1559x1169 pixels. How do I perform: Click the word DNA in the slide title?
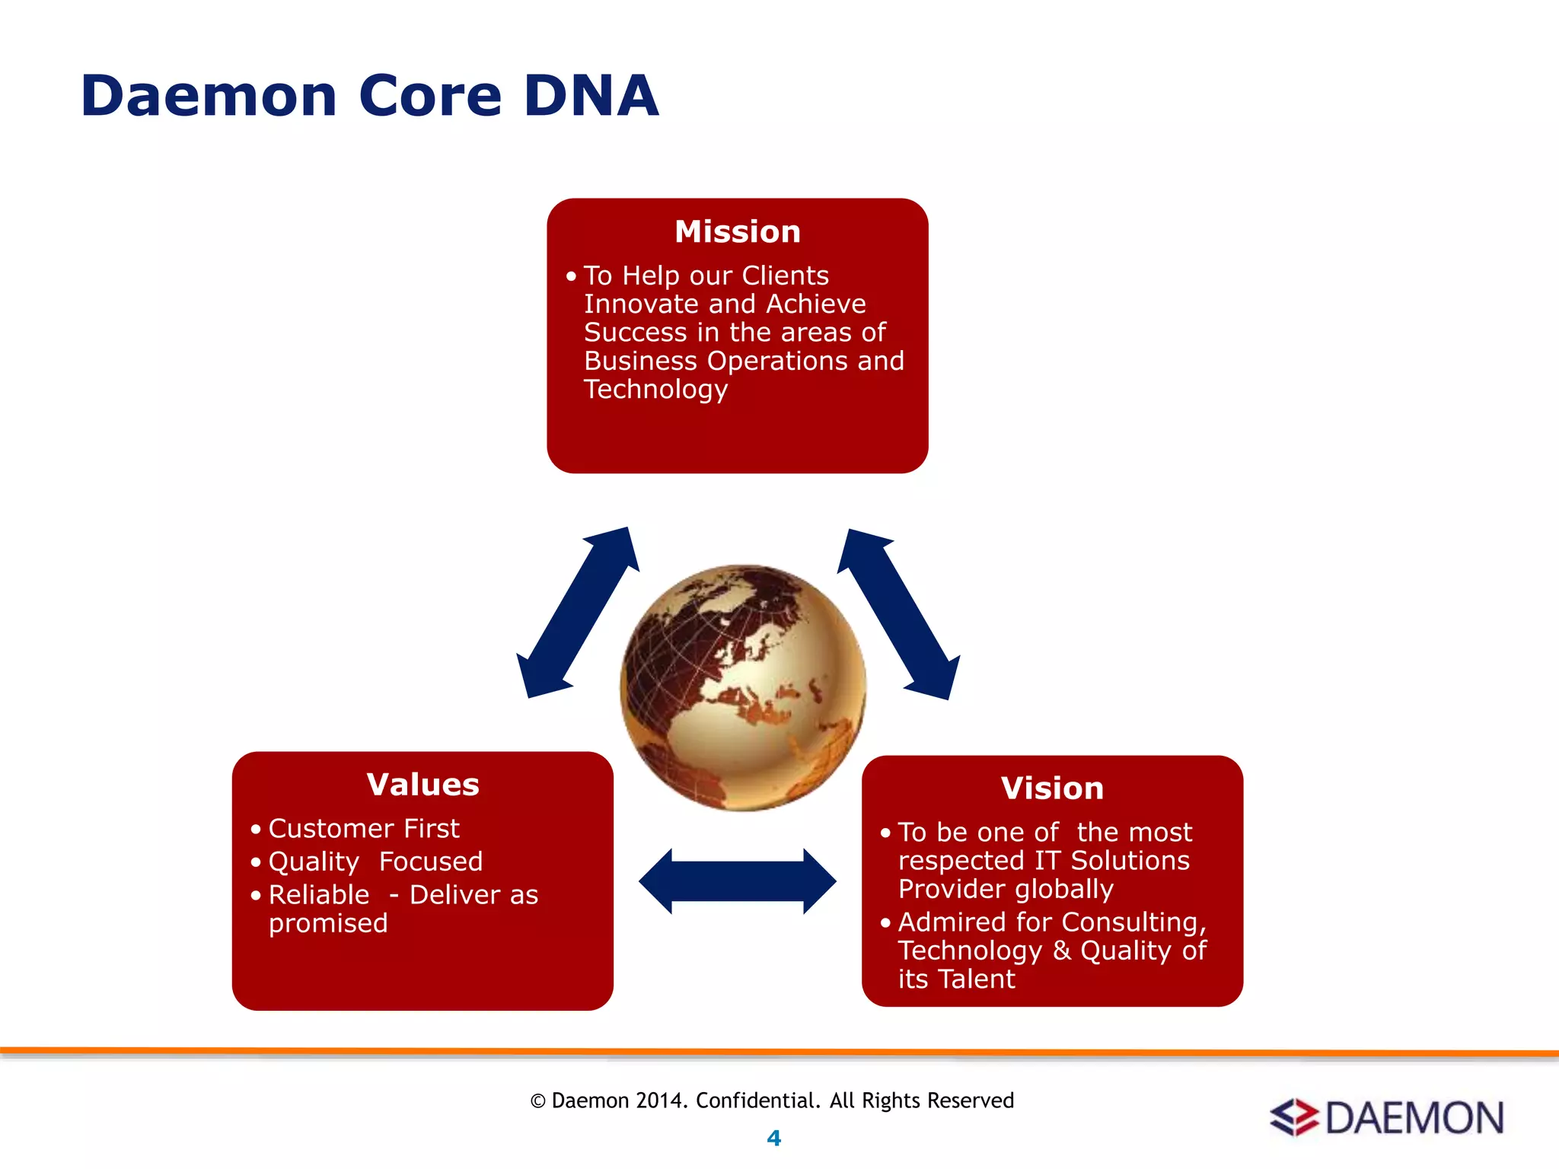pyautogui.click(x=591, y=97)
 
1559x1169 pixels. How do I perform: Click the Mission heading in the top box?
pyautogui.click(x=737, y=231)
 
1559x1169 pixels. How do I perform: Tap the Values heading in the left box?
pyautogui.click(x=422, y=785)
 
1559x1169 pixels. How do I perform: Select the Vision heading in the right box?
pyautogui.click(x=1052, y=788)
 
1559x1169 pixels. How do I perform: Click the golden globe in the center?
pyautogui.click(x=742, y=687)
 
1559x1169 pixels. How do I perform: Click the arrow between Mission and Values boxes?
pyautogui.click(x=578, y=612)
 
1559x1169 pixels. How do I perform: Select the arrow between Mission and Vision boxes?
pyautogui.click(x=898, y=613)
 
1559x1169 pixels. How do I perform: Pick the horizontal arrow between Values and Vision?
pyautogui.click(x=737, y=881)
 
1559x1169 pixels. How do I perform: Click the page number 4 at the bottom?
pyautogui.click(x=773, y=1138)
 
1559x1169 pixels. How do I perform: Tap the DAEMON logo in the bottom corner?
pyautogui.click(x=1387, y=1118)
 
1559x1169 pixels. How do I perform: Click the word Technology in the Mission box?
pyautogui.click(x=655, y=389)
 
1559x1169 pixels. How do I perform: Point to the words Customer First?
pyautogui.click(x=363, y=828)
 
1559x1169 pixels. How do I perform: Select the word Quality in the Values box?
pyautogui.click(x=314, y=862)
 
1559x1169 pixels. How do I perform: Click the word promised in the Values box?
pyautogui.click(x=328, y=923)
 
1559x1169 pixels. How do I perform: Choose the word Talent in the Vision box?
pyautogui.click(x=977, y=979)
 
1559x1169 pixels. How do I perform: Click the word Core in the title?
pyautogui.click(x=430, y=97)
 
